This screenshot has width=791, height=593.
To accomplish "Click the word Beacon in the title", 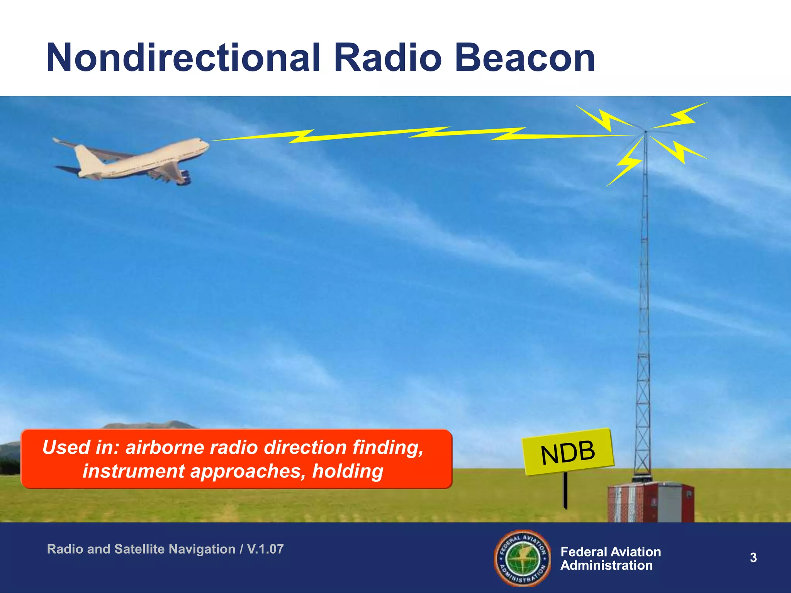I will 525,59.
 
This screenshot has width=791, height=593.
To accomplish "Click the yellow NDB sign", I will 568,452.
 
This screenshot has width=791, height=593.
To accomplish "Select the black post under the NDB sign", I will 565,490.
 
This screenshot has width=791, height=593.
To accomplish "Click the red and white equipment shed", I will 651,502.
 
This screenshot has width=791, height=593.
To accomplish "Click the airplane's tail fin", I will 87,158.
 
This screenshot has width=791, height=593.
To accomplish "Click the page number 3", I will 753,558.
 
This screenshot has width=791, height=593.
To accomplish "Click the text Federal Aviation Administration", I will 610,559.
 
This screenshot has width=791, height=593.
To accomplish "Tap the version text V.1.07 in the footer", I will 265,549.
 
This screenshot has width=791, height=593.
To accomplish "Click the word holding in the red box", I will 348,471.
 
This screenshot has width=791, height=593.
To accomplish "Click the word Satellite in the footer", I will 139,549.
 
